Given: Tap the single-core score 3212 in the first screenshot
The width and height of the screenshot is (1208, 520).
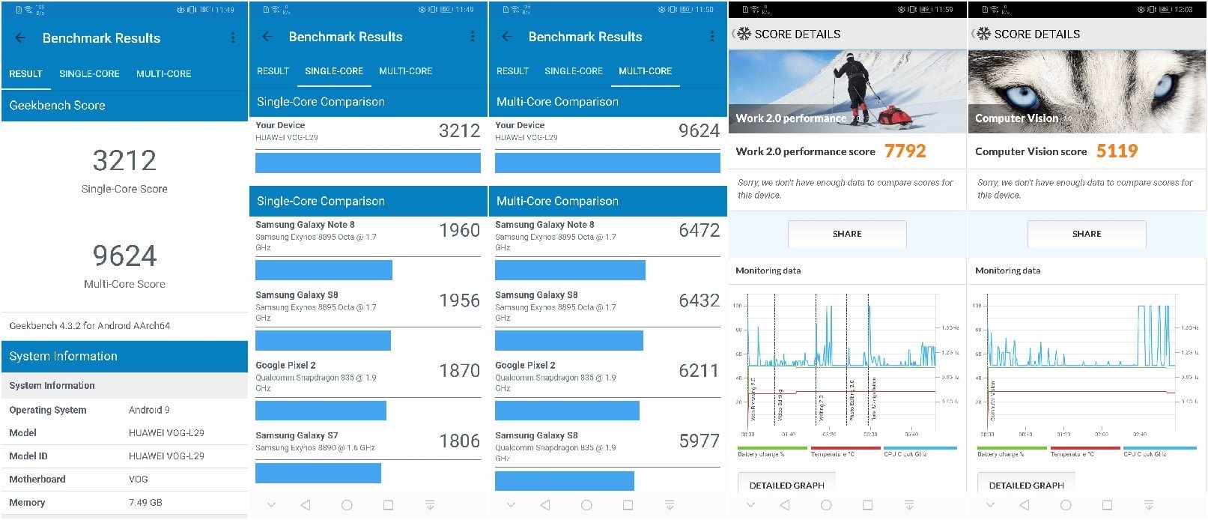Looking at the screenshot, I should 124,160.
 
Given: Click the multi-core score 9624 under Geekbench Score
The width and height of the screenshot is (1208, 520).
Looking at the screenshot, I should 124,256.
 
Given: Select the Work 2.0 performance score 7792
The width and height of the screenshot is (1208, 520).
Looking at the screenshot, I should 905,151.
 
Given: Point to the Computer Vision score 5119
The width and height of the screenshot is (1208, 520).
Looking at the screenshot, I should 1117,151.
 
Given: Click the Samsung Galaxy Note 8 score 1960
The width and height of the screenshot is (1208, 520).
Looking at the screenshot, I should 459,231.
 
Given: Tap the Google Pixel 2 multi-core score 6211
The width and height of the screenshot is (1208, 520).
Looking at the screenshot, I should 698,371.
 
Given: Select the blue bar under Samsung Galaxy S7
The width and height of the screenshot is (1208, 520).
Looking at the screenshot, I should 318,473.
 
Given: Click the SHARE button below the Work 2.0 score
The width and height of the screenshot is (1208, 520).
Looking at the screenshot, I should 846,234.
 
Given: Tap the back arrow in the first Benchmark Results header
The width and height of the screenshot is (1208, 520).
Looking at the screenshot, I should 20,37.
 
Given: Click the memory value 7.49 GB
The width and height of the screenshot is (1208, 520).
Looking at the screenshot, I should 145,503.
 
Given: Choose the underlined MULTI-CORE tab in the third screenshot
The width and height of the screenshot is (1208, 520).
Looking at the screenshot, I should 645,71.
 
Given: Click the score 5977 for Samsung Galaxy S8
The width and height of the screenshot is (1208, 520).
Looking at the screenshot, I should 699,441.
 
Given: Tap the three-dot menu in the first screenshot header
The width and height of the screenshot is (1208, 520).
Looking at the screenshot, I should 233,37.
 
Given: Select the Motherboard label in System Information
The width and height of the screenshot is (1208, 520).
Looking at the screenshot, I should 37,480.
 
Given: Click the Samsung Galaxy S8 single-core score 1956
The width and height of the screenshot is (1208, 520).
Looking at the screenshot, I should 459,300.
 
